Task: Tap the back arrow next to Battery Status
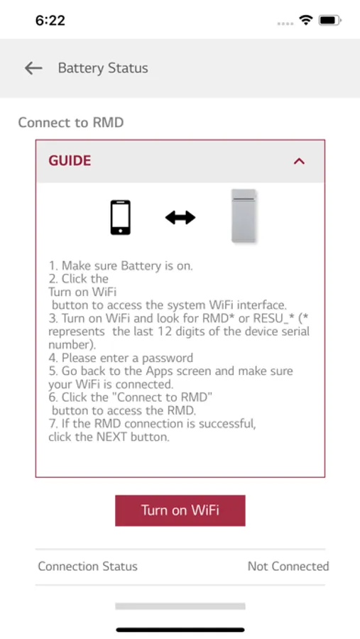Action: pyautogui.click(x=33, y=68)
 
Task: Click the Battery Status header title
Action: pyautogui.click(x=103, y=68)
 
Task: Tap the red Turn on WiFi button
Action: pyautogui.click(x=180, y=510)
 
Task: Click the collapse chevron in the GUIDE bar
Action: pyautogui.click(x=299, y=161)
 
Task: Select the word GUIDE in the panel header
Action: pyautogui.click(x=70, y=160)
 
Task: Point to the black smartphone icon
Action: pyautogui.click(x=120, y=217)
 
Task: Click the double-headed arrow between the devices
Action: pyautogui.click(x=180, y=218)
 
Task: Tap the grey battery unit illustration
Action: pyautogui.click(x=244, y=216)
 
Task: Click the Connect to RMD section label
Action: pyautogui.click(x=70, y=122)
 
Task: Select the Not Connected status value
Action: pyautogui.click(x=288, y=566)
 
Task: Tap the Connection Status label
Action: pyautogui.click(x=87, y=566)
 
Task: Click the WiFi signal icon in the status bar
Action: pyautogui.click(x=305, y=20)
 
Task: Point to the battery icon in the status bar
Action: pyautogui.click(x=330, y=20)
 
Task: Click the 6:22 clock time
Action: pyautogui.click(x=50, y=20)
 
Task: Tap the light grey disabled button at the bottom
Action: pyautogui.click(x=180, y=606)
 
